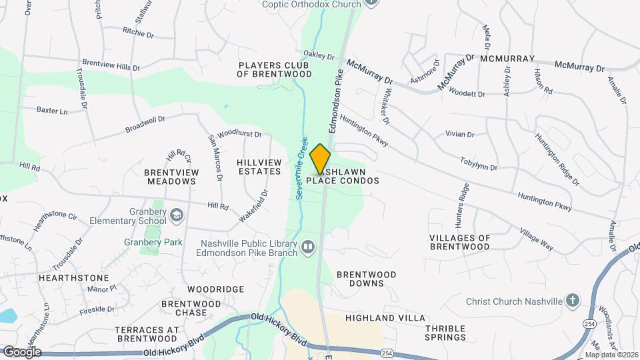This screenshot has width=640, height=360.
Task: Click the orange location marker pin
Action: [x=321, y=159]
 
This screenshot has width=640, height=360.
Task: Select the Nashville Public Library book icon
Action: [x=307, y=247]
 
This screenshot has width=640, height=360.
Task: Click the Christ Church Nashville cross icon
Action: [x=572, y=301]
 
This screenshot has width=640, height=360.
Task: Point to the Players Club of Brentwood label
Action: [x=275, y=69]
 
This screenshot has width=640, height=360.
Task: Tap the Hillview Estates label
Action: [x=259, y=166]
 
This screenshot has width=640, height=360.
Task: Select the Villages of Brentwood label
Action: [x=460, y=242]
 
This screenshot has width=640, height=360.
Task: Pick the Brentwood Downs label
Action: [x=366, y=279]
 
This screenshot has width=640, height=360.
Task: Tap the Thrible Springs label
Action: [x=445, y=333]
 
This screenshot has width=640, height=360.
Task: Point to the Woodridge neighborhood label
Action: [x=215, y=289]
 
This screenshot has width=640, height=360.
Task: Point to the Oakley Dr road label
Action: [x=318, y=55]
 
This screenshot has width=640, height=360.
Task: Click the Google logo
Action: [x=21, y=351]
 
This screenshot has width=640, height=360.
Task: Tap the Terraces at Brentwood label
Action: [x=147, y=334]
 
